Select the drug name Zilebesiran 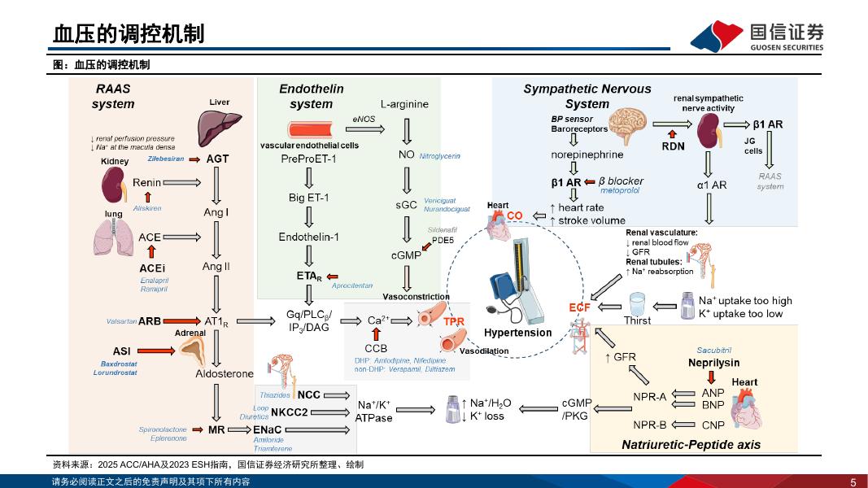coord(166,159)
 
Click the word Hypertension coord(517,333)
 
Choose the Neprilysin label coord(713,363)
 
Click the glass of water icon coord(637,304)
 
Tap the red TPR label coord(454,322)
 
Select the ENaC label coord(268,429)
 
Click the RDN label coord(673,146)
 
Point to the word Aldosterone coord(225,374)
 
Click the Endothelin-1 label coord(308,237)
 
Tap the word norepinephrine coord(587,155)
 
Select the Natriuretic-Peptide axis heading coord(691,445)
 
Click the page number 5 coord(853,481)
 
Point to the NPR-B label coord(650,425)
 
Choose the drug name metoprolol coord(620,191)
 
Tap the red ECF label coord(579,307)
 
